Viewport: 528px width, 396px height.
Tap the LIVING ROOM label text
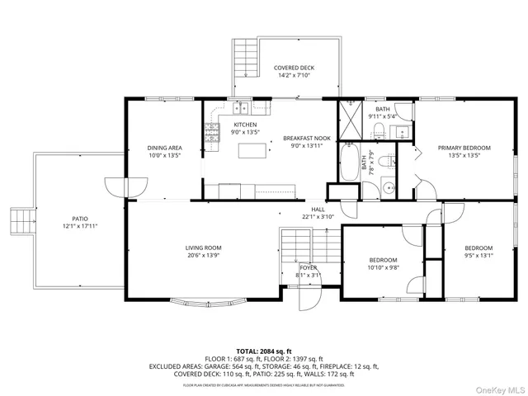[202, 247]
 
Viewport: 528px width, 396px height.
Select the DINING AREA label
[164, 148]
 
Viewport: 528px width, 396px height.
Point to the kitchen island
[254, 150]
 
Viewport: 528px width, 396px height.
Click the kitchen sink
[241, 107]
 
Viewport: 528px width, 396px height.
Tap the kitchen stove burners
[210, 131]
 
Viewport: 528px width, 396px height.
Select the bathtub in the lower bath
[350, 162]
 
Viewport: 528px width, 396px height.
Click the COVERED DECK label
[294, 68]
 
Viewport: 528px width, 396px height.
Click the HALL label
[318, 210]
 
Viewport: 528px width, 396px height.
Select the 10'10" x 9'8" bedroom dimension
[382, 267]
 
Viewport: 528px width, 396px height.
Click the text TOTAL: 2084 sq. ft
[264, 351]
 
